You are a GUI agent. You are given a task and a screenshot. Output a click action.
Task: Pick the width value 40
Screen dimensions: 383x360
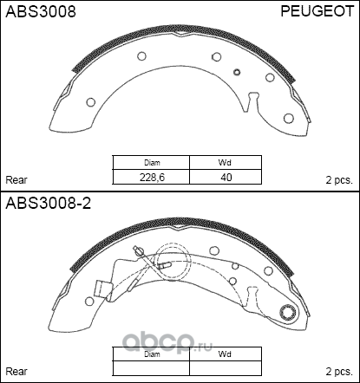[226, 177]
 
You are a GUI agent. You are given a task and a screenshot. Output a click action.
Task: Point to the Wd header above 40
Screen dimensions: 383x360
[226, 163]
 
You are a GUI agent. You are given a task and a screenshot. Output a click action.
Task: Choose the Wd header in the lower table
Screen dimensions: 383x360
[226, 354]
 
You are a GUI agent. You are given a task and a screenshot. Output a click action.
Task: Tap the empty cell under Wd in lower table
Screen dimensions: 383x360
[226, 368]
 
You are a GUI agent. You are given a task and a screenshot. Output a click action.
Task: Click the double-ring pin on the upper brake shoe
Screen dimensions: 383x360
[236, 72]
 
